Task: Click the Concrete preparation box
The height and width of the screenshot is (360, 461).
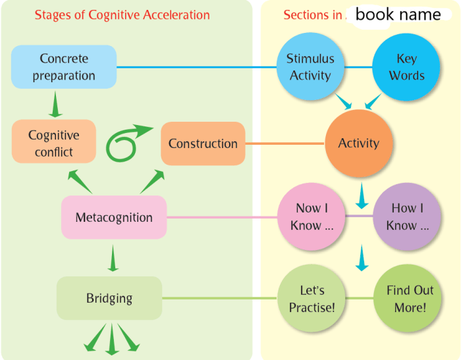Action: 64,67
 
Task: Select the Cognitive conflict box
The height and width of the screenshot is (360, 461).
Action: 53,143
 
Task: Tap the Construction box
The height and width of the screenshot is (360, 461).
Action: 203,143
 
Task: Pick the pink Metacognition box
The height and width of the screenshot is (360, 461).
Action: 113,217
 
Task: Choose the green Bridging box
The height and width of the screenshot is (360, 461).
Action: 109,298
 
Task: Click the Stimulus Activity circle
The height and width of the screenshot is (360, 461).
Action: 310,66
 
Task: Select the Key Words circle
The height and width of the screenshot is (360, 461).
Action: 406,66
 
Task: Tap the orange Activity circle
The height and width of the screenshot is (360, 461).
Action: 358,143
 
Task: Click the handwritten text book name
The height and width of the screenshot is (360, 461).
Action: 398,14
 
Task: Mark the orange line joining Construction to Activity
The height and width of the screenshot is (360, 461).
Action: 285,143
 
